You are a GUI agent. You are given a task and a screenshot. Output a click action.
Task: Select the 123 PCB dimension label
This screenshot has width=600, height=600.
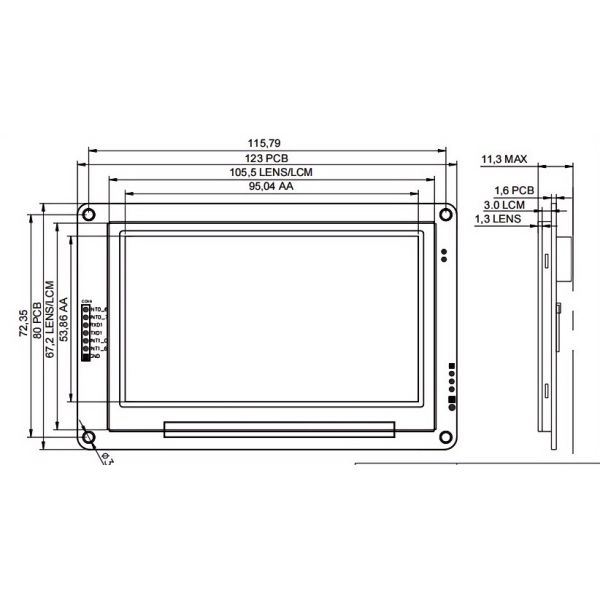(x=267, y=158)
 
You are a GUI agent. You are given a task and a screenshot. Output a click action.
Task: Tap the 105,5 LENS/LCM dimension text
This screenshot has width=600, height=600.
(x=267, y=172)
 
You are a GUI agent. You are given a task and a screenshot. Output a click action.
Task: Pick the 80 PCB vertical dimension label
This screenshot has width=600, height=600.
(x=38, y=317)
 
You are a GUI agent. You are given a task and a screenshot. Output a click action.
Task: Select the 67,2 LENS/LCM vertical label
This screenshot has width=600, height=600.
(x=50, y=317)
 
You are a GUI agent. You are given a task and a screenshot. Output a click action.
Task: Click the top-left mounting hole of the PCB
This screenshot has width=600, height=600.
(x=89, y=215)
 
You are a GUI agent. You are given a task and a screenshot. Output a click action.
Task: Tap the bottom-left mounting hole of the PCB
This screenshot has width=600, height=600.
(x=89, y=437)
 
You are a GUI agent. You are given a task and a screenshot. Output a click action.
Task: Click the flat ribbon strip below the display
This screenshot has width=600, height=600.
(x=278, y=430)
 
